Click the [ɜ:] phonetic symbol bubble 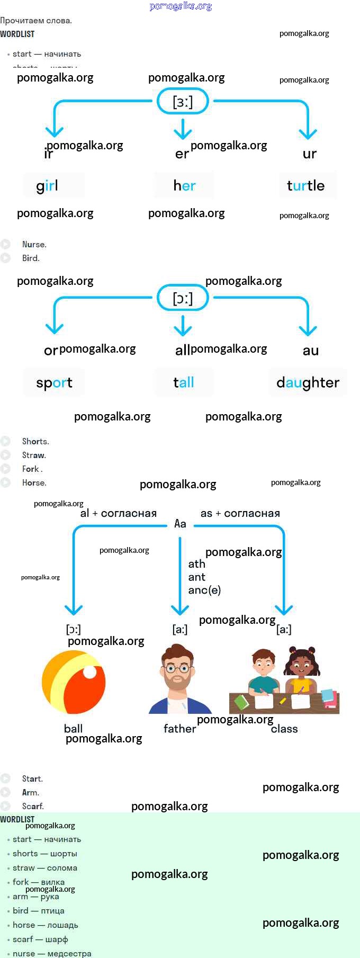point(183,101)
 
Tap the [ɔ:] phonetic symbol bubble point(183,298)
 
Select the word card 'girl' point(53,185)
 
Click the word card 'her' point(184,185)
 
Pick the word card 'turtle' point(308,185)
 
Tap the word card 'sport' point(54,382)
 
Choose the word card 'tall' point(184,382)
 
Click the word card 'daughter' point(308,382)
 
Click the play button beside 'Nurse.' point(5,244)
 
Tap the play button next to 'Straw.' point(5,455)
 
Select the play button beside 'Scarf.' point(5,806)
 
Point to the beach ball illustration point(74,683)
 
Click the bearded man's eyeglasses point(177,668)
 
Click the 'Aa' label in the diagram point(180,524)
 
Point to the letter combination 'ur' point(309,154)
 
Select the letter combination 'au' point(310,351)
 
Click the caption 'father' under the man point(179,729)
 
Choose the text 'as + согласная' point(240,513)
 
